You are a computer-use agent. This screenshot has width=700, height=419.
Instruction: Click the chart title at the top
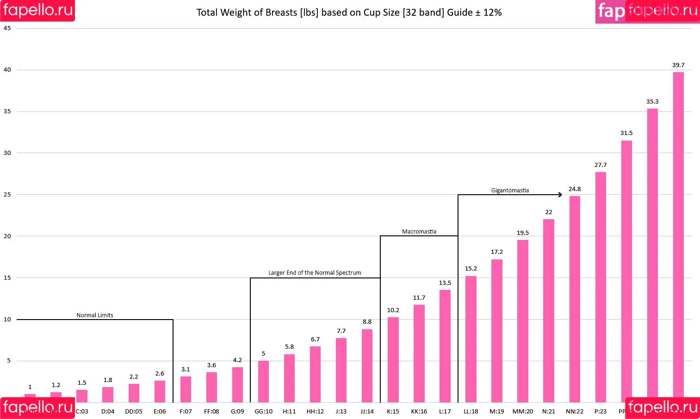349,12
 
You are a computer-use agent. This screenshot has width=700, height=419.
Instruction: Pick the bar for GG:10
263,382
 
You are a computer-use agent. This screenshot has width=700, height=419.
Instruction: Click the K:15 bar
393,360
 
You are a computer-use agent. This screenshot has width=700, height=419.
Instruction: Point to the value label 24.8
575,189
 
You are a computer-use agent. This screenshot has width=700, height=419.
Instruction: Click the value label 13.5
445,283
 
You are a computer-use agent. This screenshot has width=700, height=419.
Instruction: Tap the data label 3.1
186,370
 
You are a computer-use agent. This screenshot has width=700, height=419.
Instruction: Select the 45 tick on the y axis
7,28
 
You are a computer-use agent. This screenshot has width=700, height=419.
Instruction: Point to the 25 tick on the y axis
7,195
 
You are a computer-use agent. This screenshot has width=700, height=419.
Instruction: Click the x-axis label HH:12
315,411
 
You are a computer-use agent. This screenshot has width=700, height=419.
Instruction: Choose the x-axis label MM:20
522,411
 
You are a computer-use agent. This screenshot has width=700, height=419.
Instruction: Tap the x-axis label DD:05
134,411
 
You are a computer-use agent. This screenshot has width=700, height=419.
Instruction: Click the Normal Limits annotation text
95,315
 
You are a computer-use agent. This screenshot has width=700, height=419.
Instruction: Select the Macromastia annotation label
419,232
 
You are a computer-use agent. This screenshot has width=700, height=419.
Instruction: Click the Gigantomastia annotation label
510,191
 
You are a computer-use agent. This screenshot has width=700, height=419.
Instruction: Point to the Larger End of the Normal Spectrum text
315,273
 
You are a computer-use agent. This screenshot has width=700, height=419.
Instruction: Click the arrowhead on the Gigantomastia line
560,195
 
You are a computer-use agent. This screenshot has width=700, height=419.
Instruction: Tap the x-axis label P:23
601,411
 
